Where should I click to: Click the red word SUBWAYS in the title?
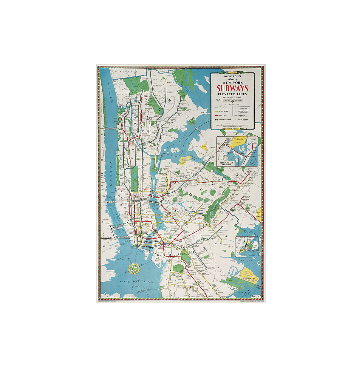[x=232, y=88]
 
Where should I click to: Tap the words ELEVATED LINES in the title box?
[x=232, y=94]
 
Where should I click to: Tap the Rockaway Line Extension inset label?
[x=226, y=164]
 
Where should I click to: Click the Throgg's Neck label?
[x=202, y=111]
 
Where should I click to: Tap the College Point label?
[x=195, y=147]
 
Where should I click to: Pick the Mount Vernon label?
[x=154, y=71]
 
